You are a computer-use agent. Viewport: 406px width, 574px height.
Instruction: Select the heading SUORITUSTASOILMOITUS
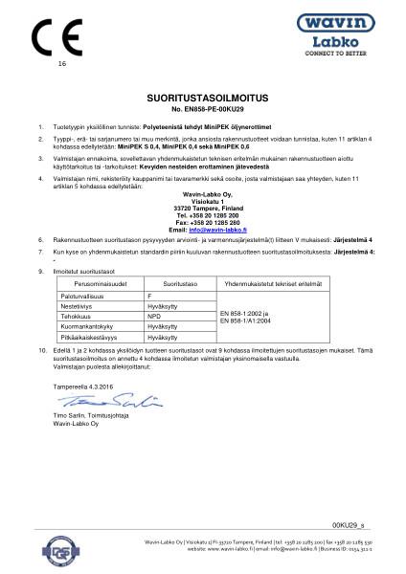[x=202, y=99]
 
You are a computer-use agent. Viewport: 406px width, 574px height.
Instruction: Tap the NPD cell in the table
[x=154, y=319]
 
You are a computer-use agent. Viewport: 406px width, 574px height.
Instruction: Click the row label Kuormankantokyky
[x=91, y=328]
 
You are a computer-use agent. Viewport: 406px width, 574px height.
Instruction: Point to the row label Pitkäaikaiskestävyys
[x=94, y=338]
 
